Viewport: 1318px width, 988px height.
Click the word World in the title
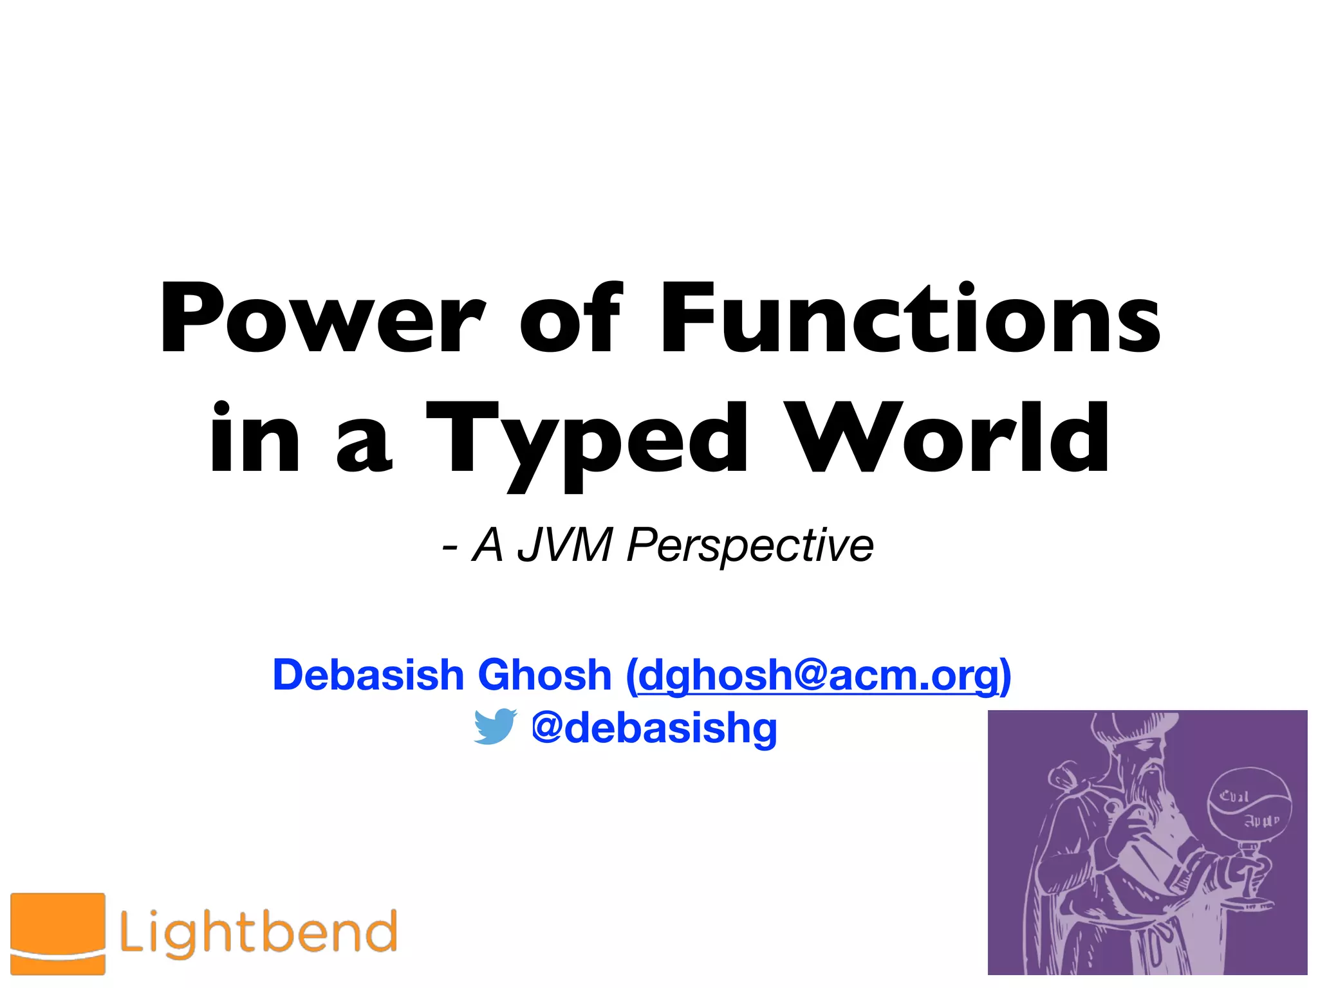pos(950,437)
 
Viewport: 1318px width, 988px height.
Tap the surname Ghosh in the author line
pos(544,675)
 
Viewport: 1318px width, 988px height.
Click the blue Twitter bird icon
pos(494,726)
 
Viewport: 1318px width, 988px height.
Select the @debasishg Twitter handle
pos(654,727)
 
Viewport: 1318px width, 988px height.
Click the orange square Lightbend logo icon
pos(58,933)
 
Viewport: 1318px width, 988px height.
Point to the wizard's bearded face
pos(1146,765)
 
